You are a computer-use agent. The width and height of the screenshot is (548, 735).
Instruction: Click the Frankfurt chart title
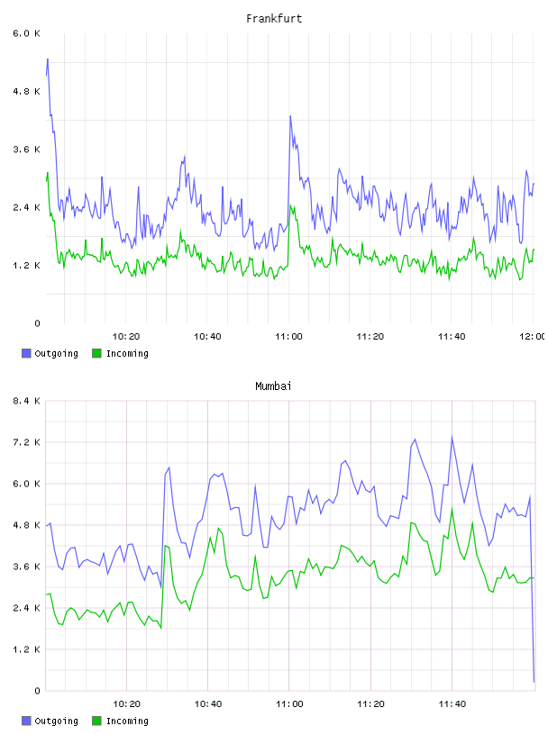[274, 19]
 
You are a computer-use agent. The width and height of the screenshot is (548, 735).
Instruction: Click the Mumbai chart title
[273, 386]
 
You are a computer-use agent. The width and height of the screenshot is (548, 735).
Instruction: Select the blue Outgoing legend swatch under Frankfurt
[26, 353]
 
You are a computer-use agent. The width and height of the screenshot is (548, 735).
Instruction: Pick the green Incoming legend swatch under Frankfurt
[96, 353]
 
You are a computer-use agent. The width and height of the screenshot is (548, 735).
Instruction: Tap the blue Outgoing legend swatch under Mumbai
[26, 721]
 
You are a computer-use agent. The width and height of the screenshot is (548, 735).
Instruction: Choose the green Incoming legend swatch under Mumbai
[96, 721]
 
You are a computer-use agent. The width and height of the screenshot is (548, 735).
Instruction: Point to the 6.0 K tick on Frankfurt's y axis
[27, 33]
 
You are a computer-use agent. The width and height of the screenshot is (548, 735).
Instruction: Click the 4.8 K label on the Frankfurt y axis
[27, 91]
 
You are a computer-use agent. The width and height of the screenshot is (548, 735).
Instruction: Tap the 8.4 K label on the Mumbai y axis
[27, 401]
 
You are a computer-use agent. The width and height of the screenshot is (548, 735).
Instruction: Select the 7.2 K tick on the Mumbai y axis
[27, 442]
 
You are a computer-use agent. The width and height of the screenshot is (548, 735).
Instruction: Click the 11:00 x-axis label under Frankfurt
[289, 337]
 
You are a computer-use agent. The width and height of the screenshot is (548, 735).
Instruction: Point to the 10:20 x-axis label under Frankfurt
[126, 337]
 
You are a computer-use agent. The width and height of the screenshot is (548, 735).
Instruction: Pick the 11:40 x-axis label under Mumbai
[452, 704]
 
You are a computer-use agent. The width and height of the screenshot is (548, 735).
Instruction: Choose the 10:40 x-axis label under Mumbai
[208, 704]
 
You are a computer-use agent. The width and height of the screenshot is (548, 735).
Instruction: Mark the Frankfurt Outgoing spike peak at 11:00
[290, 116]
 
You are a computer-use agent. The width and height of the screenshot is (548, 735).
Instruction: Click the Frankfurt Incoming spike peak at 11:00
[290, 205]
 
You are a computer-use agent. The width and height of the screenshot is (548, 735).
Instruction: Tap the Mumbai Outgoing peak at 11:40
[452, 437]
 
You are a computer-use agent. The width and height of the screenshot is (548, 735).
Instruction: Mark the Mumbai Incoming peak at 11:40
[452, 508]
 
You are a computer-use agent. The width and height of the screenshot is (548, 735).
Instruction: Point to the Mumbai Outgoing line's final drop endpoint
[534, 682]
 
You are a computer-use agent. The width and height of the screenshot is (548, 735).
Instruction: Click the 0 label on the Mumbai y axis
[37, 691]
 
